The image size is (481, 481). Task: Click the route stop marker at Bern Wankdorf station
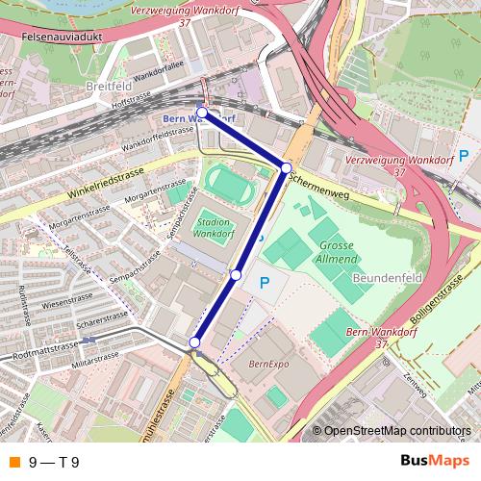point(202,113)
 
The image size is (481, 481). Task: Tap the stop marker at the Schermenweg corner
point(286,168)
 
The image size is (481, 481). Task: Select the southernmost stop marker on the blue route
point(195,342)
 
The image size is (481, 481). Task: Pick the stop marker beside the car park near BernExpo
point(236,276)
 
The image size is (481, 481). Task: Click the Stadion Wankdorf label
point(214,227)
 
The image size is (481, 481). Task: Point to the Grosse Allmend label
point(337,252)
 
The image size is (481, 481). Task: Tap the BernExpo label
point(268,365)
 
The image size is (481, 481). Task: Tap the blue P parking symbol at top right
point(464,156)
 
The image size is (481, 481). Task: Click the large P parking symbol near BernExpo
point(265,284)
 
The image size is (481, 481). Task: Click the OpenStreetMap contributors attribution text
point(397,430)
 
